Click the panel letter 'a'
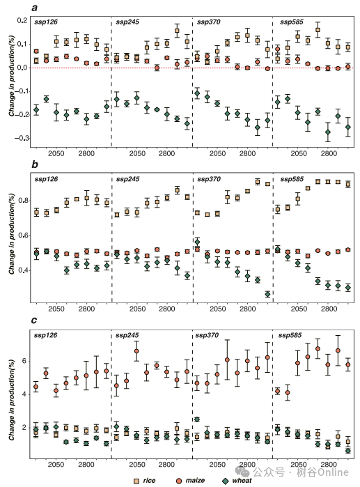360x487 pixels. coord(34,8)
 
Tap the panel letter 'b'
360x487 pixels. coord(34,164)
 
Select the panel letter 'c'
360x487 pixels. coord(34,320)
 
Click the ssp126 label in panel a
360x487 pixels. coord(46,22)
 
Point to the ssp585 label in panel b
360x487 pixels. coord(292,179)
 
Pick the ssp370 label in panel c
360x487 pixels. coord(207,335)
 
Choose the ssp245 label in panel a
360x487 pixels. coord(127,22)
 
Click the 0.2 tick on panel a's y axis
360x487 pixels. coord(22,20)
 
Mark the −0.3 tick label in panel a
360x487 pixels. coord(22,138)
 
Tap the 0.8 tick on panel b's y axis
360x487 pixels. coord(23,201)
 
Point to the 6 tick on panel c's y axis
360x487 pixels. coord(24,361)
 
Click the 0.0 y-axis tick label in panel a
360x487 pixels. coord(22,68)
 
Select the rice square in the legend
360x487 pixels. coord(136,481)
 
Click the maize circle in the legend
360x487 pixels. coord(179,481)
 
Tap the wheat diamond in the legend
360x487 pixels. coord(226,481)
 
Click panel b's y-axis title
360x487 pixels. coord(11,234)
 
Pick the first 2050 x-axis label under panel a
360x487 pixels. coord(56,153)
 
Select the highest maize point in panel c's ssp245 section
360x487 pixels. coord(136,351)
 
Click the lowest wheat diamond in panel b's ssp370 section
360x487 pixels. coord(267,294)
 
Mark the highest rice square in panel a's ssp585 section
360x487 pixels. coord(318,30)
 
